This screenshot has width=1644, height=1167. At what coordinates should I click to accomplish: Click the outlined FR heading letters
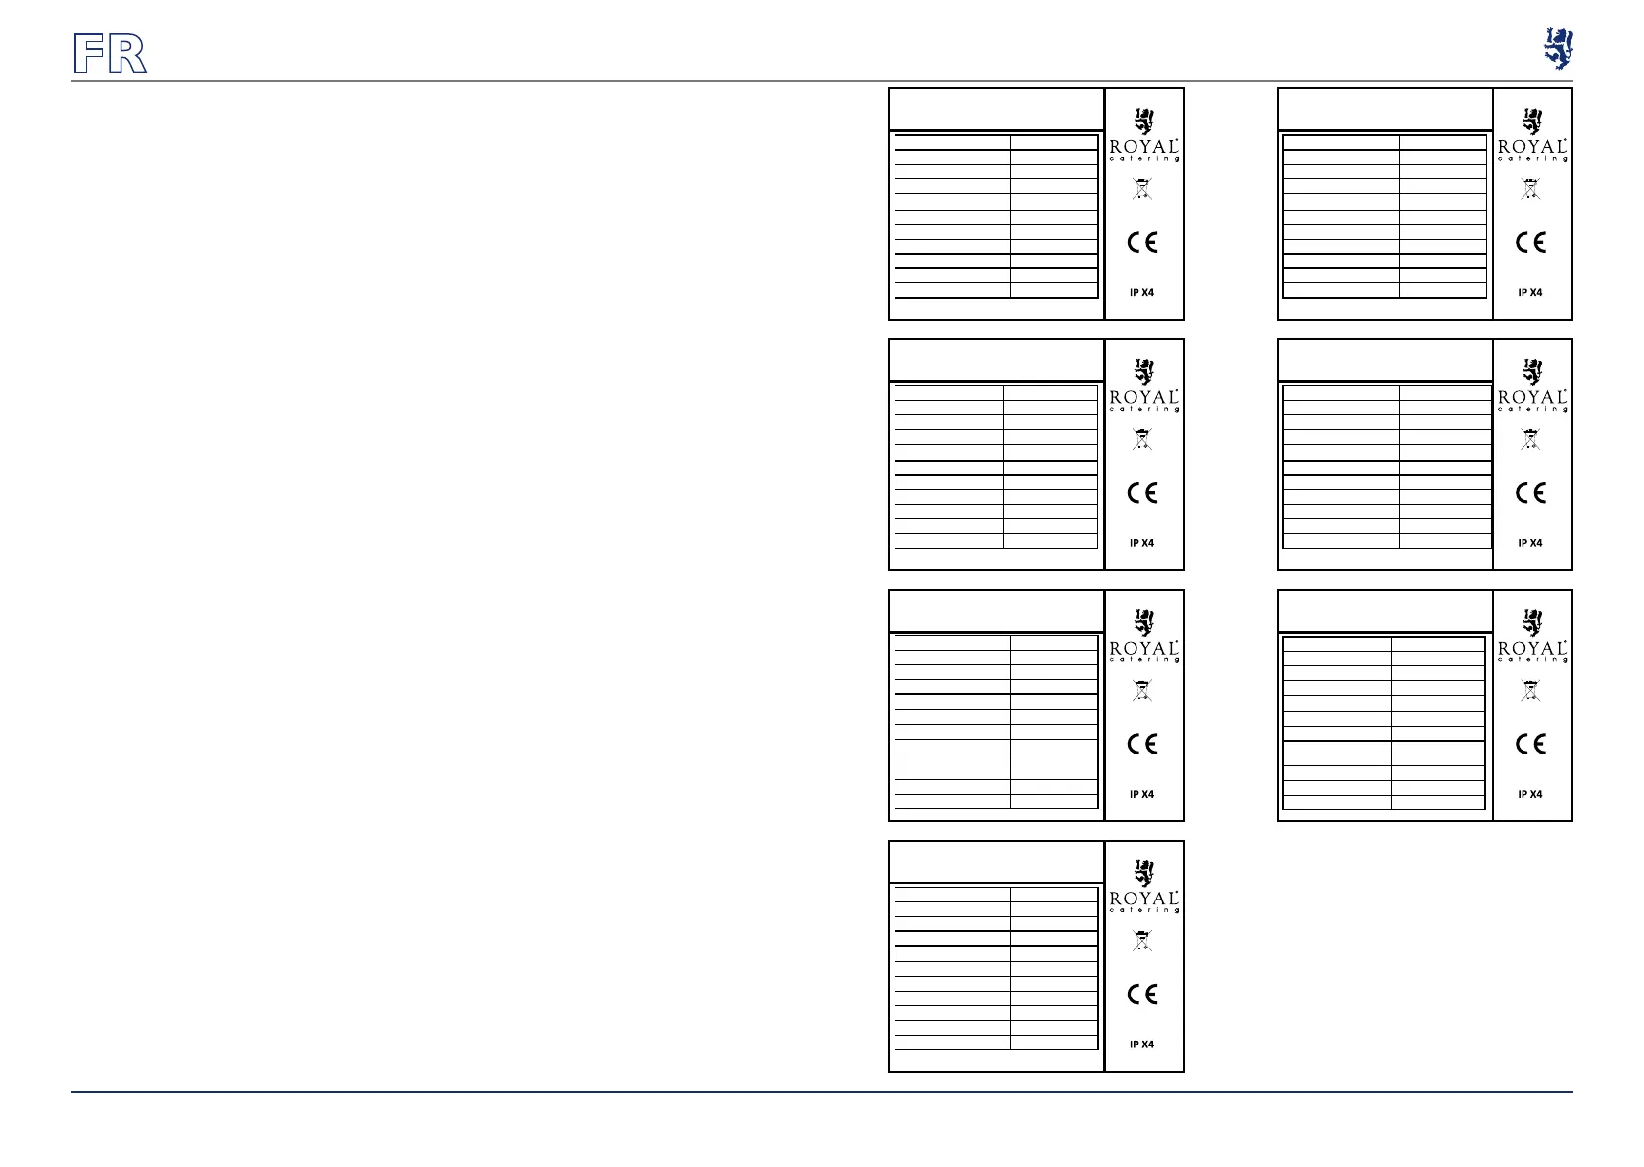[111, 54]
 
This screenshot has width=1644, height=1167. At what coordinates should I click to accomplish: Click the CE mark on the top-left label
[1142, 242]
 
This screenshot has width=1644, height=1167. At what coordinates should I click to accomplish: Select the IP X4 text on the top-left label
[1142, 292]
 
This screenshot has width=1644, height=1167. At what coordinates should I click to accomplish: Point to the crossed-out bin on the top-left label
[1142, 189]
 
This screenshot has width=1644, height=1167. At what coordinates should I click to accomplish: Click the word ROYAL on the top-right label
[1532, 147]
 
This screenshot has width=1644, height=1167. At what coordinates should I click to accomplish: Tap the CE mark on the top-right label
[1530, 242]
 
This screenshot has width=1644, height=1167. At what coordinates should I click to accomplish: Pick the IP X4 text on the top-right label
[1530, 292]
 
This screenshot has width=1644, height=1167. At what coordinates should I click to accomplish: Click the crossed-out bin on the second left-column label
[1142, 440]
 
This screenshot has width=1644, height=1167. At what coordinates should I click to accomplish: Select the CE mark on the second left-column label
[1142, 493]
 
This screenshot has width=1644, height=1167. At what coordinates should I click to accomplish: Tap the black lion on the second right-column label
[1531, 371]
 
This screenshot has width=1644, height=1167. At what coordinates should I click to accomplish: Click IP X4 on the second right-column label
[1530, 543]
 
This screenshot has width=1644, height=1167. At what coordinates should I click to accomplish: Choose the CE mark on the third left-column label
[1142, 744]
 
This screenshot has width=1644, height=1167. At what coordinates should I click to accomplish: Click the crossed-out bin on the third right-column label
[1530, 691]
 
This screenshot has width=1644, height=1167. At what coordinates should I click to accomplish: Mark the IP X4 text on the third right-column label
[1530, 794]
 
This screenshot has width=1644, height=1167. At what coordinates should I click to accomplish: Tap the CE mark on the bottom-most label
[1142, 995]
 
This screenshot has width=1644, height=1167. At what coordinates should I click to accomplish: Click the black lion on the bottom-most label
[1143, 873]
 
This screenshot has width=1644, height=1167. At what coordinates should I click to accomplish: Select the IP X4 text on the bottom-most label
[1142, 1045]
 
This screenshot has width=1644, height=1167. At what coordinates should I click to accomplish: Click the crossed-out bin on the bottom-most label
[1142, 942]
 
